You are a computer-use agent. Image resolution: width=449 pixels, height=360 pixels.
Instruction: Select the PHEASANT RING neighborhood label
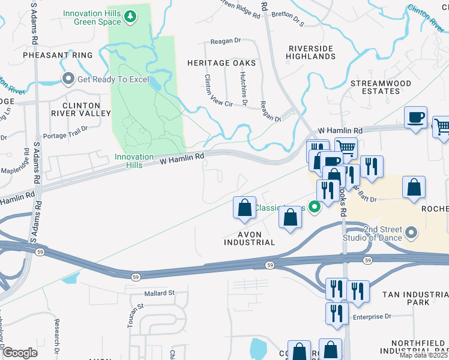click(x=58, y=55)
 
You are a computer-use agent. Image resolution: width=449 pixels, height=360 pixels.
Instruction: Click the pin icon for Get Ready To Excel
click(x=68, y=79)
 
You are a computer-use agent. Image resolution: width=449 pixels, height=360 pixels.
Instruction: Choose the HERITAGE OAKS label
click(x=221, y=63)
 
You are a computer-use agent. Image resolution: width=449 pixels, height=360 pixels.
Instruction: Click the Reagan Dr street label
click(x=225, y=41)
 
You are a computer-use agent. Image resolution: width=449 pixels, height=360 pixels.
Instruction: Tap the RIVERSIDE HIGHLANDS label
click(x=311, y=52)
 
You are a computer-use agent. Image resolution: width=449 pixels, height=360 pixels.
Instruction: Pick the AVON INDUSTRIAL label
click(x=249, y=238)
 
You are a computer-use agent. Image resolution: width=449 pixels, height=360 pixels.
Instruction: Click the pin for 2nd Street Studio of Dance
click(x=411, y=232)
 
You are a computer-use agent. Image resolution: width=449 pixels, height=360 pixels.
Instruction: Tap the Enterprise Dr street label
click(x=372, y=316)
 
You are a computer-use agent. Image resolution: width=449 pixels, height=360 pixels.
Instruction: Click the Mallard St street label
click(x=158, y=293)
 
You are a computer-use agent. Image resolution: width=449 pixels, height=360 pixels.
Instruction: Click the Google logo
click(x=20, y=352)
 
